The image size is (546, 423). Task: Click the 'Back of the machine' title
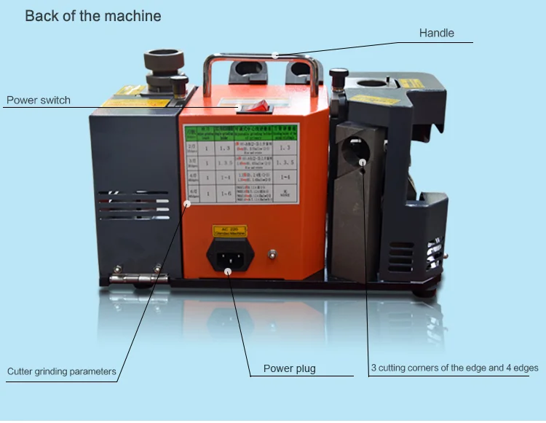(x=93, y=16)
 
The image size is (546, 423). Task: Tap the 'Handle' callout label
(x=436, y=33)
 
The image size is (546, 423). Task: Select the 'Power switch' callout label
(x=39, y=100)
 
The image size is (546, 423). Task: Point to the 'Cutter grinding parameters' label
(x=62, y=371)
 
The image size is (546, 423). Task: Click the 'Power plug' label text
(x=289, y=368)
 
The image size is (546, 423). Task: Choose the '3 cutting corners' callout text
(x=454, y=368)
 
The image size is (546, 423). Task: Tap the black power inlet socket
(x=229, y=255)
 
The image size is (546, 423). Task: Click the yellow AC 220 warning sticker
(x=229, y=231)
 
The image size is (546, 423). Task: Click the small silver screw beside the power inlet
(x=273, y=254)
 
